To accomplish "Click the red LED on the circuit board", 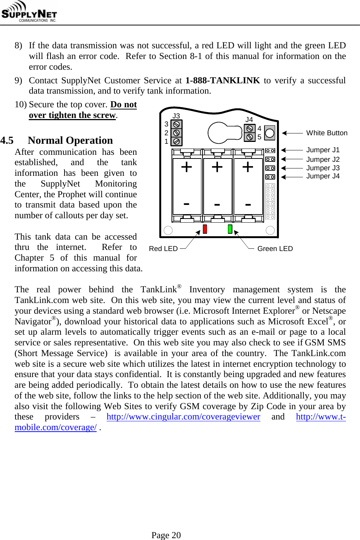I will [205, 229].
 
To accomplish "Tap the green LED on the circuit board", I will [230, 229].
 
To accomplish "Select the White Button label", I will [326, 133].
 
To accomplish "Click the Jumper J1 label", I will [322, 150].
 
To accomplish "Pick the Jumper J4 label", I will [322, 176].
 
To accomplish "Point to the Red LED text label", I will [163, 249].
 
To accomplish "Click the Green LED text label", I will [275, 249].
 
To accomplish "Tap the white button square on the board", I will [270, 133].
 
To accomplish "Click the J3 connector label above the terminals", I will [176, 116].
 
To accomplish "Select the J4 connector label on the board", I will [249, 119].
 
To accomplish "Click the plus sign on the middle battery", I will [217, 167].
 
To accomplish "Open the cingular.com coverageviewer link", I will [183, 417].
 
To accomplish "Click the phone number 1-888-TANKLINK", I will [222, 80].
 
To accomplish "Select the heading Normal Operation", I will [70, 140].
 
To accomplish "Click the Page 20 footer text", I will [166, 535].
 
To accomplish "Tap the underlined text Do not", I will [124, 105].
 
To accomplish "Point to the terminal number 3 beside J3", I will [166, 124].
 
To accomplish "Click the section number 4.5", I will [7, 140].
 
